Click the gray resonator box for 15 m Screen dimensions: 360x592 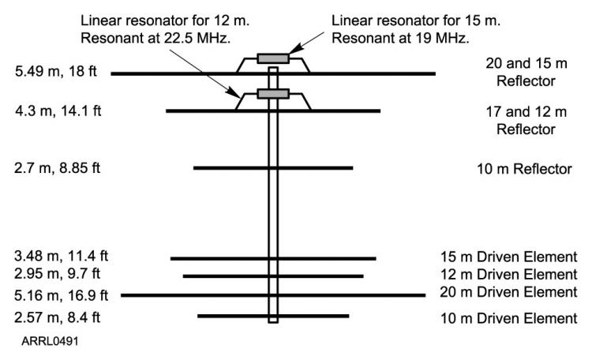pyautogui.click(x=273, y=58)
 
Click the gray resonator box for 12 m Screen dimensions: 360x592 pyautogui.click(x=273, y=94)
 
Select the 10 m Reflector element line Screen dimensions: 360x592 pyautogui.click(x=229, y=168)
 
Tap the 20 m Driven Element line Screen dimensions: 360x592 pyautogui.click(x=197, y=295)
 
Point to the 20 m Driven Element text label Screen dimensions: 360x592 pyautogui.click(x=509, y=294)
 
